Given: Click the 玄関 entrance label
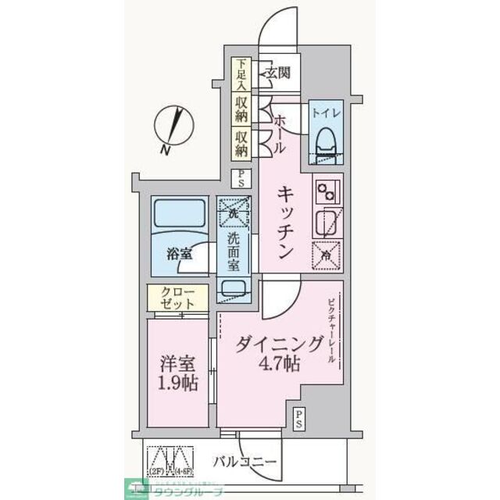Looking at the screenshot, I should point(277,73).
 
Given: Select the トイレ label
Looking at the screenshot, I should point(326,112).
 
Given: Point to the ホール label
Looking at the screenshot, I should point(279,133).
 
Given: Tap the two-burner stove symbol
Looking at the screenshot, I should point(327,190).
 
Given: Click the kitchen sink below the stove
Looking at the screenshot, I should point(326,223).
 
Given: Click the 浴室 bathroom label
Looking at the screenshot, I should point(180,253).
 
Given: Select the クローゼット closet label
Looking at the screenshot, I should point(180,296).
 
